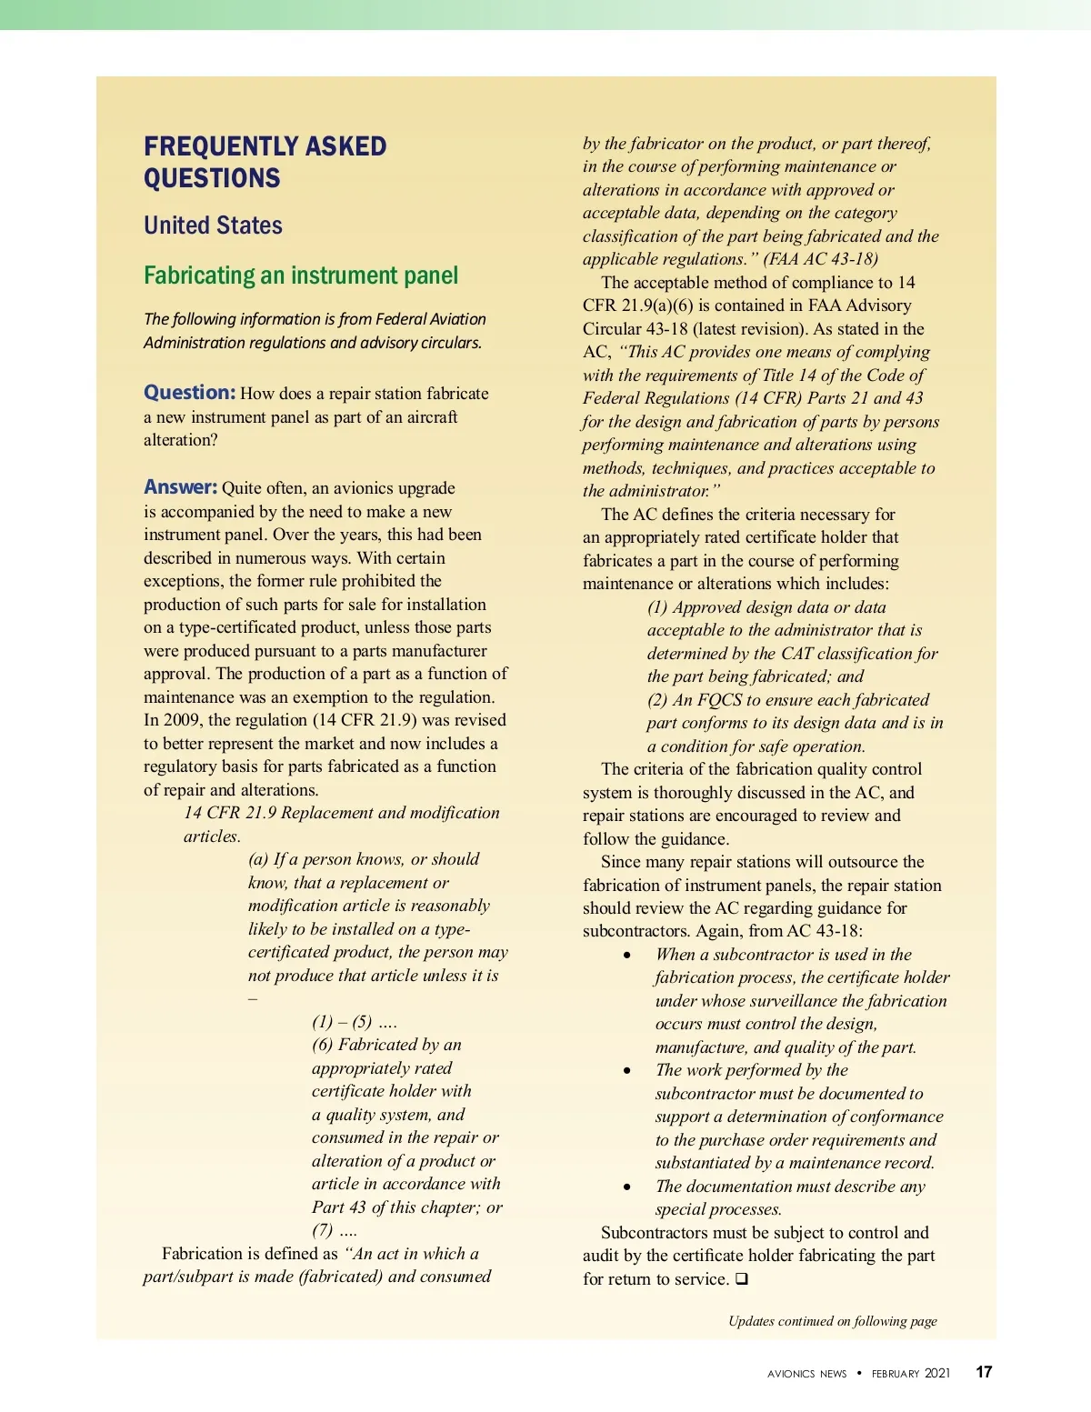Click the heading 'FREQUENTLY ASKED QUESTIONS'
[265, 162]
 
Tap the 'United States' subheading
[213, 225]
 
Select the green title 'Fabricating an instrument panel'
[301, 275]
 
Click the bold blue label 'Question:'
[189, 393]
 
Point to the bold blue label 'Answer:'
[180, 487]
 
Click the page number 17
[984, 1372]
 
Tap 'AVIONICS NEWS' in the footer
[806, 1374]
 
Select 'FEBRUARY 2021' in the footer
[910, 1374]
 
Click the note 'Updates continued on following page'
[832, 1321]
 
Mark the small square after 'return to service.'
[742, 1279]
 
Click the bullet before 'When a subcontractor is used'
[627, 955]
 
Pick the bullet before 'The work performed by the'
[627, 1071]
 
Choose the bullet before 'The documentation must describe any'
[627, 1187]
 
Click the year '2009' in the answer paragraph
[184, 720]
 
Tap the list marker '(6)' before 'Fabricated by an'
[323, 1045]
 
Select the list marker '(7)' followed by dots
[323, 1230]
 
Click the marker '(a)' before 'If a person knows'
[259, 859]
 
